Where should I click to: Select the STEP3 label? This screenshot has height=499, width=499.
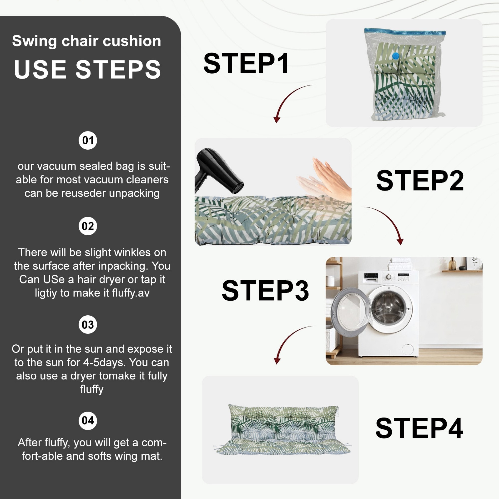(265, 291)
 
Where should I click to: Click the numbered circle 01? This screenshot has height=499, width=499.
(88, 140)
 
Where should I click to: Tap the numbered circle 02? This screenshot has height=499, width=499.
(88, 226)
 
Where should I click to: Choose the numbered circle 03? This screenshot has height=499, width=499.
(88, 324)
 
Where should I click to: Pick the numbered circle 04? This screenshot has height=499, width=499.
(88, 421)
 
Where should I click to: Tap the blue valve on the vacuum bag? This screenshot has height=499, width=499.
(395, 56)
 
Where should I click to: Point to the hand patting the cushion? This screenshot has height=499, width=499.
(332, 179)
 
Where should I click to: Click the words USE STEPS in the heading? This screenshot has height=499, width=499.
(88, 69)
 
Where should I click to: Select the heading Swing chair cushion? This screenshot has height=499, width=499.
(87, 41)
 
